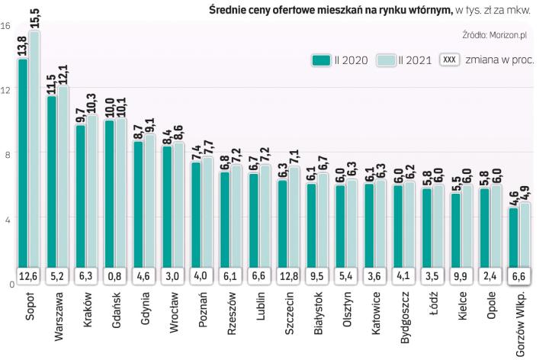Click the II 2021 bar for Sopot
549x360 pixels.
coord(34,153)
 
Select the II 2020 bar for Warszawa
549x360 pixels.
coord(52,183)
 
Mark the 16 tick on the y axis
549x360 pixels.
coord(5,25)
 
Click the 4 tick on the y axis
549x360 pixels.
coord(6,220)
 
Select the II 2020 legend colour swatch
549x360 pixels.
coord(319,59)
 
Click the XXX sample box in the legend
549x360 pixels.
coord(450,59)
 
